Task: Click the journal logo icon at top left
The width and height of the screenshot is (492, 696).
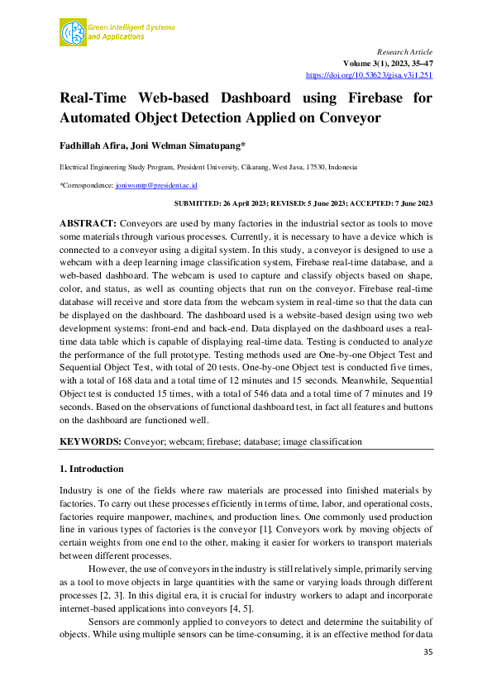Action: point(73,32)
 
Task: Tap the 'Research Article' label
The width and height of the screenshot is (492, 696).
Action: point(404,51)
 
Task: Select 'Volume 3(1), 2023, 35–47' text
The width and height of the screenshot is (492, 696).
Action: point(388,63)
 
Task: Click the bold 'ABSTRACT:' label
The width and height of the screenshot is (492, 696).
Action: point(88,224)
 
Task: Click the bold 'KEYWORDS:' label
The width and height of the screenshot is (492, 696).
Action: point(90,441)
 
